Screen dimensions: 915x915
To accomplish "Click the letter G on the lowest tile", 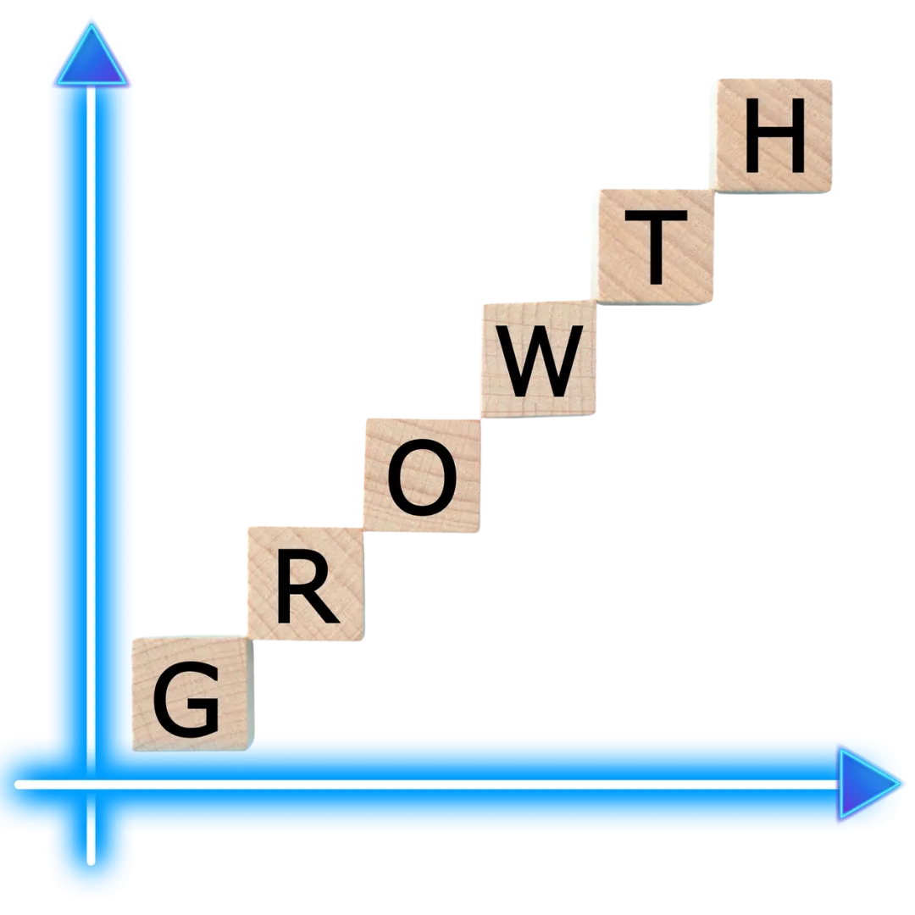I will pos(186,701).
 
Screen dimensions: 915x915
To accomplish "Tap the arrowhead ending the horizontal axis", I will pos(867,785).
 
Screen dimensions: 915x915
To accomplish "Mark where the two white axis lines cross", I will pos(91,785).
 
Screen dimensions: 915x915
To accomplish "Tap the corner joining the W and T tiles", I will pos(601,301).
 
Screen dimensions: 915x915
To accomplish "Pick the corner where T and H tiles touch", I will pos(716,189).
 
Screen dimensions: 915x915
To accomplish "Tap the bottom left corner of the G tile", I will pos(133,750).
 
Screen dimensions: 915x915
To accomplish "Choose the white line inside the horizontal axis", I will pos(508,785).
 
